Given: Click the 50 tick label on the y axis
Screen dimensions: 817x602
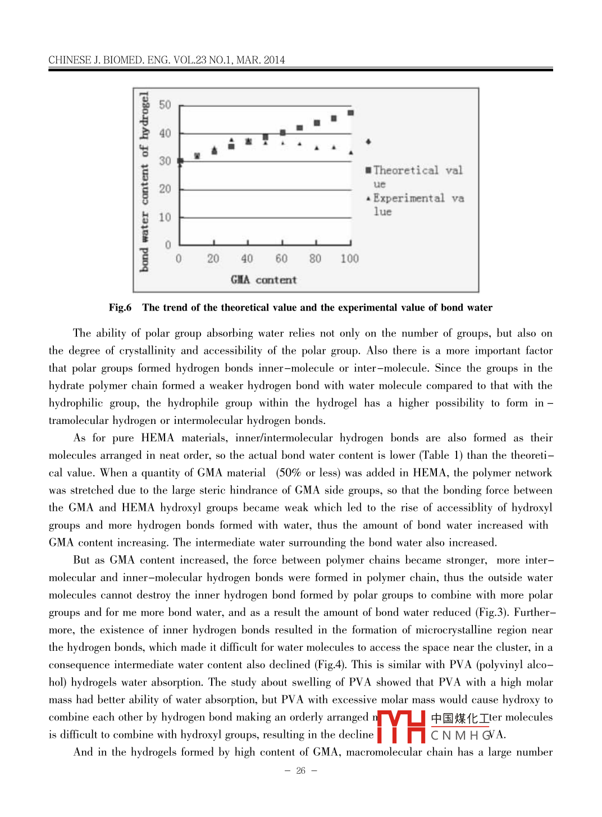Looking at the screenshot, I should pyautogui.click(x=165, y=105).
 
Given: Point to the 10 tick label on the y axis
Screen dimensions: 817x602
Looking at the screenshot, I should pyautogui.click(x=165, y=217).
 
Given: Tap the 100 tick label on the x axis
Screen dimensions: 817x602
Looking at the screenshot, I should pyautogui.click(x=349, y=259).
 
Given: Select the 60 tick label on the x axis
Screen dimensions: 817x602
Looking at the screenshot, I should pyautogui.click(x=281, y=259).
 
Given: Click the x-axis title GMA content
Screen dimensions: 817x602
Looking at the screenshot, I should pyautogui.click(x=263, y=280).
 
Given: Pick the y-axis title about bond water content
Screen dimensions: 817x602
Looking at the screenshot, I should pyautogui.click(x=145, y=182).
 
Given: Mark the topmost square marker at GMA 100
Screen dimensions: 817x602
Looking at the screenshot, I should pyautogui.click(x=351, y=113).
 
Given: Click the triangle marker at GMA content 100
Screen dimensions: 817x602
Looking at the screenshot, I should pyautogui.click(x=351, y=152).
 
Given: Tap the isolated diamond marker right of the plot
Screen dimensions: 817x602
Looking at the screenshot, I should pyautogui.click(x=368, y=142).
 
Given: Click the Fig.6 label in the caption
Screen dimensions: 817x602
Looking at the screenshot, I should pyautogui.click(x=120, y=308).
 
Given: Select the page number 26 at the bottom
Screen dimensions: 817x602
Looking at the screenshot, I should pyautogui.click(x=301, y=771).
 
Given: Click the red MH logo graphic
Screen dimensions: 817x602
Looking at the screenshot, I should pyautogui.click(x=401, y=727).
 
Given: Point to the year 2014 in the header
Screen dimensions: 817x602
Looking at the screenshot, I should pyautogui.click(x=274, y=60).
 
